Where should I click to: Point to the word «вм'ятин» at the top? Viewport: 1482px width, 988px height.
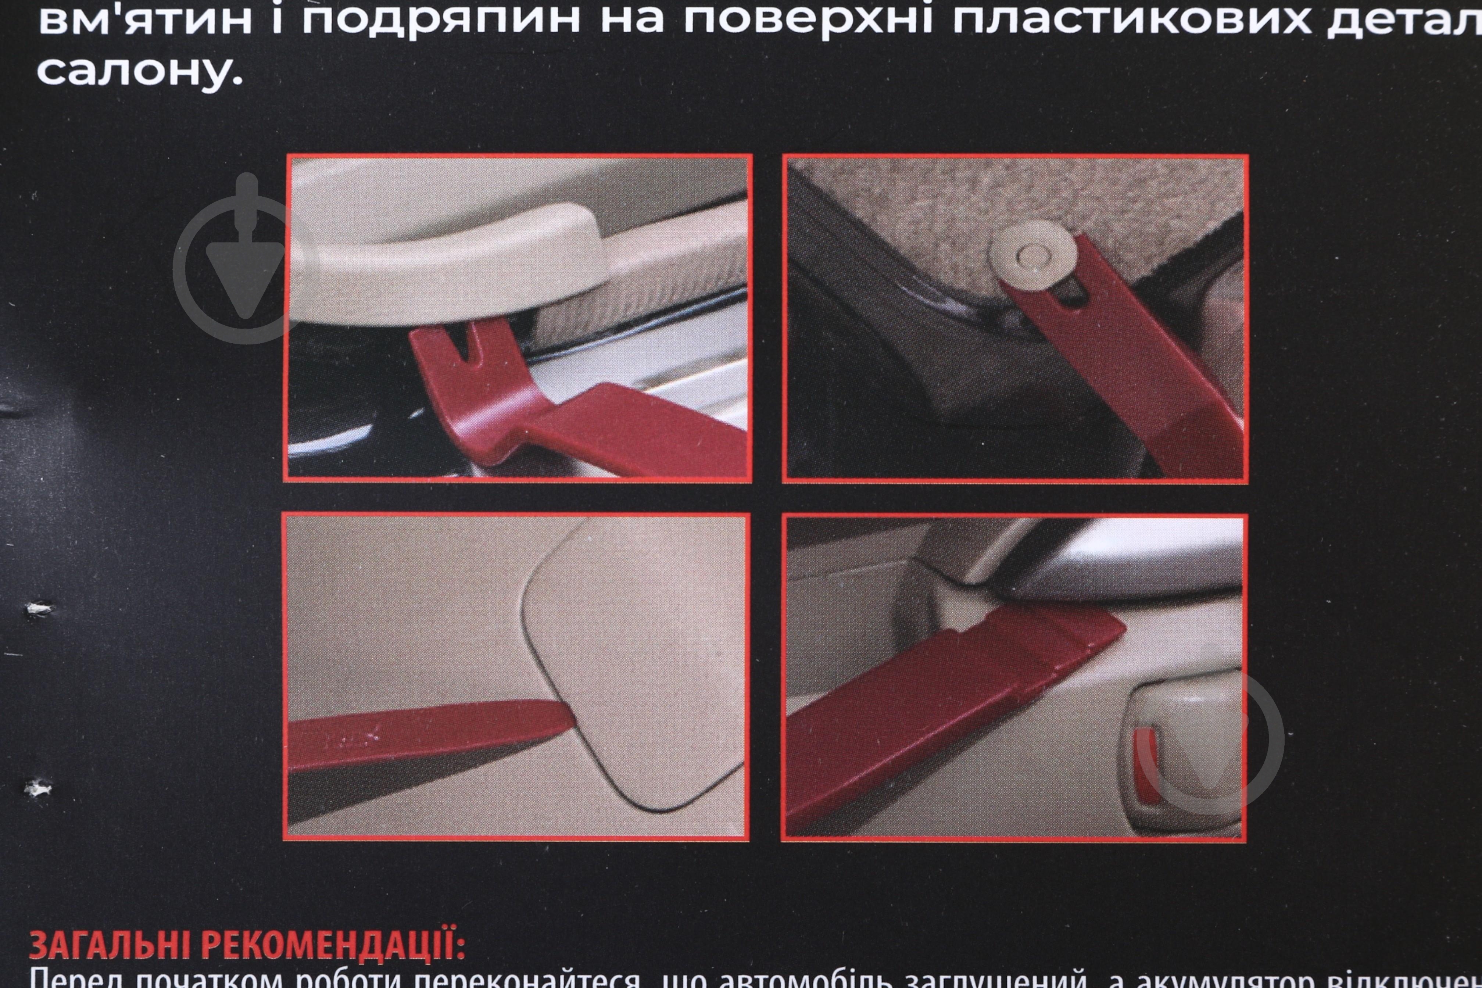click(x=145, y=19)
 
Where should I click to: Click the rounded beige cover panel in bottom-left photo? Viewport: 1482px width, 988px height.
click(x=636, y=662)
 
